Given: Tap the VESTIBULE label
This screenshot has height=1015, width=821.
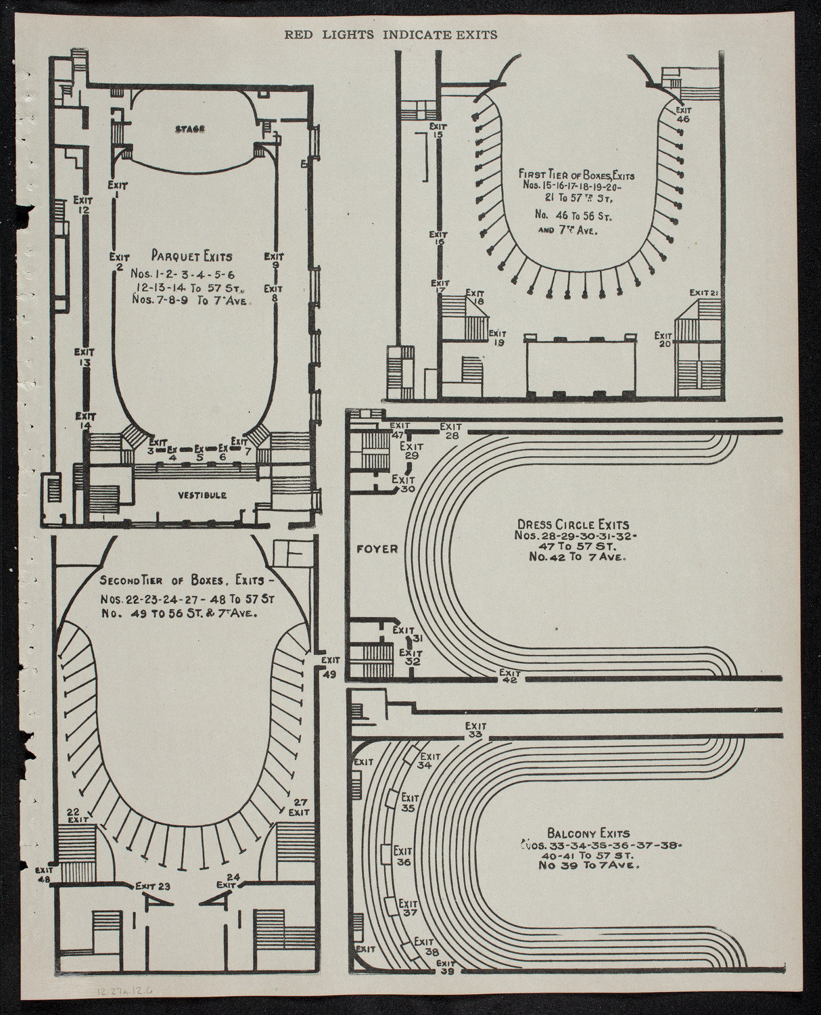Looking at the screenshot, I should (203, 495).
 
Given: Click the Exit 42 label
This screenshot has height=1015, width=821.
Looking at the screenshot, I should (509, 676).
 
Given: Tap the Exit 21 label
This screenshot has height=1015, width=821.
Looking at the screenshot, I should (703, 292).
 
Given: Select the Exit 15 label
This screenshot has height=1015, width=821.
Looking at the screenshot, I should (438, 130).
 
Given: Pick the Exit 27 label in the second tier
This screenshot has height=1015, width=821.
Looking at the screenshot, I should (298, 806).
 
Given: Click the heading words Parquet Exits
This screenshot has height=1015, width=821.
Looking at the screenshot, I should (192, 256).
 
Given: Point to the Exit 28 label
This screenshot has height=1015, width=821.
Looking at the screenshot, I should (450, 431).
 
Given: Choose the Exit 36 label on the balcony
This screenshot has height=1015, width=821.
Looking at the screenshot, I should (403, 856).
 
